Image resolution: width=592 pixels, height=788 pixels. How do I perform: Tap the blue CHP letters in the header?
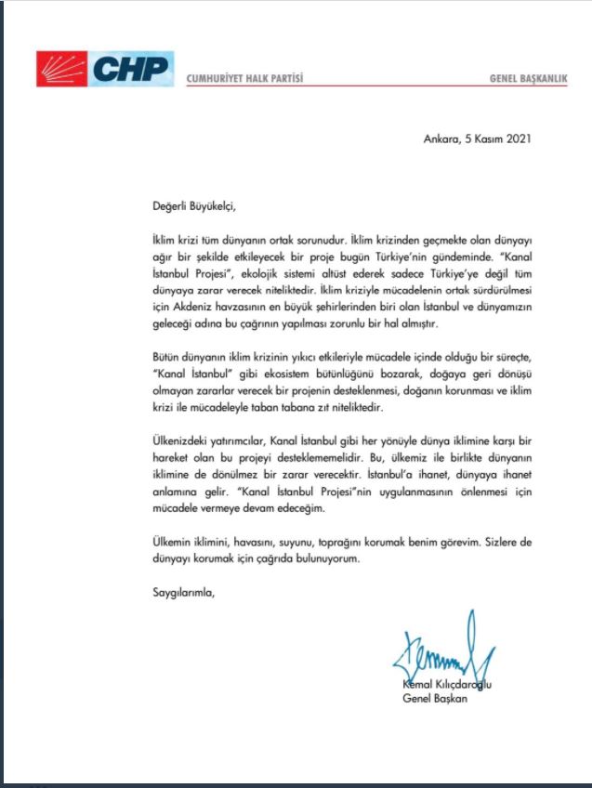pos(133,67)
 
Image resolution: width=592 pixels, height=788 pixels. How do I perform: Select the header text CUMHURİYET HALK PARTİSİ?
pos(245,77)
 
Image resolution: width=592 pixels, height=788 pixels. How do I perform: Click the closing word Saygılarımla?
pos(182,591)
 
